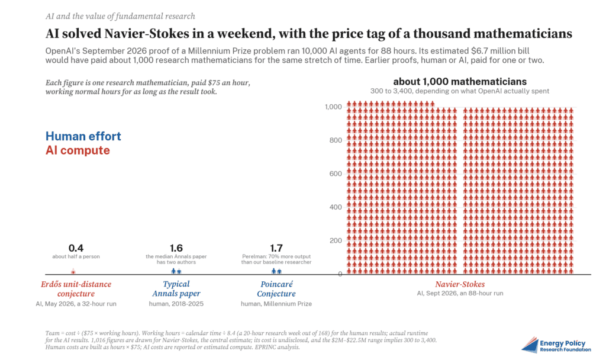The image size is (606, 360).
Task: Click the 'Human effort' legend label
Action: (x=83, y=136)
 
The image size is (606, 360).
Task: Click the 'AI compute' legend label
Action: (x=78, y=150)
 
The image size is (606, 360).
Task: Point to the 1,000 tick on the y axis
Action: (x=333, y=107)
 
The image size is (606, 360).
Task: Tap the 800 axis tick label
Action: (x=336, y=140)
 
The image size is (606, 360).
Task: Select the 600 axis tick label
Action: (x=336, y=173)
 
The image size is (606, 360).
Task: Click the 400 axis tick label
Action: (x=336, y=207)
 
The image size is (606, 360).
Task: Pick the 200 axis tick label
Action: (x=336, y=240)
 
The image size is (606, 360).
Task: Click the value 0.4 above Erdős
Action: (x=76, y=248)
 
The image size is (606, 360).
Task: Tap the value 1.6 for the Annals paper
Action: (x=176, y=248)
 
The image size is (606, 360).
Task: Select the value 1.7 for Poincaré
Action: (x=276, y=248)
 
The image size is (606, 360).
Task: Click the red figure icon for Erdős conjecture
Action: (x=73, y=271)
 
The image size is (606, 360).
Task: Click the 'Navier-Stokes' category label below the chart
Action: (x=460, y=284)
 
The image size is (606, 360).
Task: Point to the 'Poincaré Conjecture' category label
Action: (x=276, y=289)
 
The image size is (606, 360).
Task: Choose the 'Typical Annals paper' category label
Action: (x=176, y=289)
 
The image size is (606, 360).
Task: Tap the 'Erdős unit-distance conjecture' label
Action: (x=76, y=289)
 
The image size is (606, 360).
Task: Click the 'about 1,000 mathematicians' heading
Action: (x=460, y=82)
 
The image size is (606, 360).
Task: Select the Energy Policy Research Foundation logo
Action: (x=556, y=345)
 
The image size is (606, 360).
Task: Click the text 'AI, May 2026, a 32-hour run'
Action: (x=76, y=304)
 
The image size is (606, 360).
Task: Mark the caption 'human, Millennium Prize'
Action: (x=276, y=304)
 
